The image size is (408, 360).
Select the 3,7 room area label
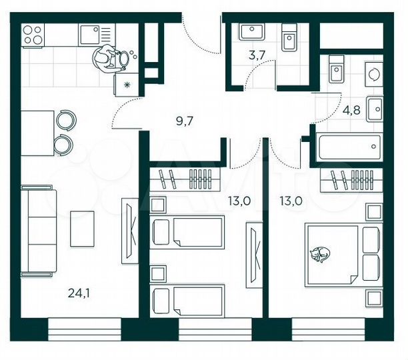pos(257,55)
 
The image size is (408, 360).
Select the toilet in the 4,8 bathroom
pos(337,69)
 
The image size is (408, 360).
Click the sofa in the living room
pos(37,231)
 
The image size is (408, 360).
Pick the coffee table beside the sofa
pos(83,228)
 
